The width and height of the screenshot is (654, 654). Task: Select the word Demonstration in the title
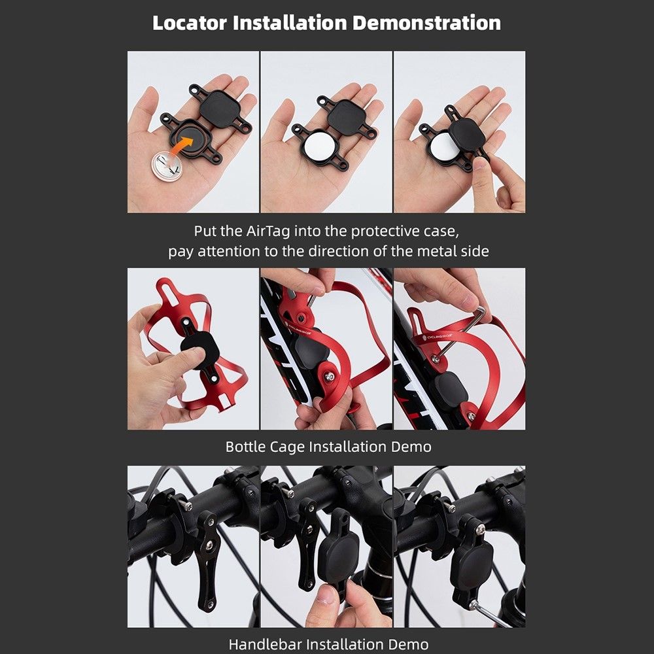click(426, 22)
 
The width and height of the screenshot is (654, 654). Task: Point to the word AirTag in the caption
click(268, 231)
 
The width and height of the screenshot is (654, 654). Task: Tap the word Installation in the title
click(290, 22)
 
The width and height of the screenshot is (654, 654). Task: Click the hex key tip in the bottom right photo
click(472, 604)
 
